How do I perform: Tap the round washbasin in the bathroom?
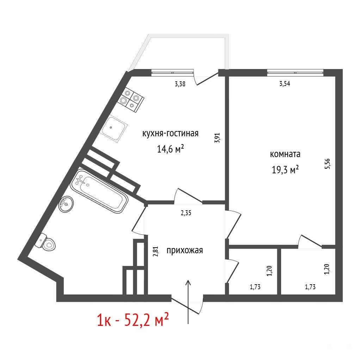[66, 204]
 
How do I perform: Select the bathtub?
[99, 191]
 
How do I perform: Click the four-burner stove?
[131, 100]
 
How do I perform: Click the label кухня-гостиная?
[170, 134]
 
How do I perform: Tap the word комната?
[285, 154]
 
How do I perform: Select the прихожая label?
[185, 250]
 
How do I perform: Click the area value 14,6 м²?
[170, 149]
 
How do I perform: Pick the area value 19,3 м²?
[285, 170]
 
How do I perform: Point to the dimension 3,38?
[180, 84]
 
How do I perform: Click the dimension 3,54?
[285, 83]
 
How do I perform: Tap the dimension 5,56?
[327, 164]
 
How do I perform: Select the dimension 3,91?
[217, 138]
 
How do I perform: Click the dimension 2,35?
[186, 213]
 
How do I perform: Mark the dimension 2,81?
[156, 252]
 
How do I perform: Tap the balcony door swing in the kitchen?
[206, 78]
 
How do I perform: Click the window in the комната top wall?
[295, 73]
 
